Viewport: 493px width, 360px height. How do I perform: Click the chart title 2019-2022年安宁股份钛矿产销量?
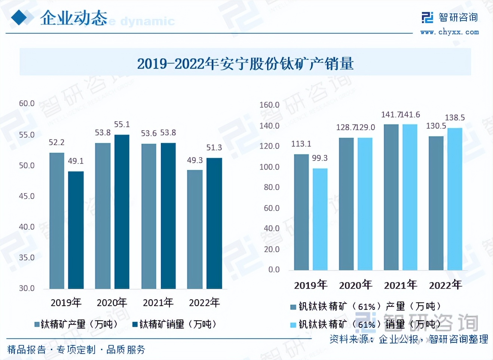coord(245,64)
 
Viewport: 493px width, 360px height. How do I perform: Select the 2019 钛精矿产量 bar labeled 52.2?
coord(56,221)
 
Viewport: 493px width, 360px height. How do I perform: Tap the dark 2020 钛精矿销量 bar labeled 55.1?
coord(122,211)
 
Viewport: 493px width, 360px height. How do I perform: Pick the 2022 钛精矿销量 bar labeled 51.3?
coord(214,223)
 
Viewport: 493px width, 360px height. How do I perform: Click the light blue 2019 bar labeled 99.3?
coord(320,219)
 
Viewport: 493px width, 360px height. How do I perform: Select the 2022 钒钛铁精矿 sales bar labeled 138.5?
coord(454,199)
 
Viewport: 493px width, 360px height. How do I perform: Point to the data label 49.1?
coord(76,161)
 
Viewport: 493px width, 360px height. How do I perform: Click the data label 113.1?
coord(301,144)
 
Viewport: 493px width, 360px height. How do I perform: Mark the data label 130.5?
coord(436,126)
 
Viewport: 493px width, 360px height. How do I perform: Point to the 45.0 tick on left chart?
coord(27,196)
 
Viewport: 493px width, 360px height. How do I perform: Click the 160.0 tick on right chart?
coord(269,105)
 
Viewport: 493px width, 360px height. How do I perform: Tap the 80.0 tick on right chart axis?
coord(272,187)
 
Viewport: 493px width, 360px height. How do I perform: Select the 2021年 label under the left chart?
coord(158,302)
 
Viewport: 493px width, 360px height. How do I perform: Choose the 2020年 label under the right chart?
coord(355,285)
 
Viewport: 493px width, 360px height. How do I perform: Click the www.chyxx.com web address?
coord(449,32)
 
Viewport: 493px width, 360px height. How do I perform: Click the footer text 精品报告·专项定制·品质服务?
coord(76,350)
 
